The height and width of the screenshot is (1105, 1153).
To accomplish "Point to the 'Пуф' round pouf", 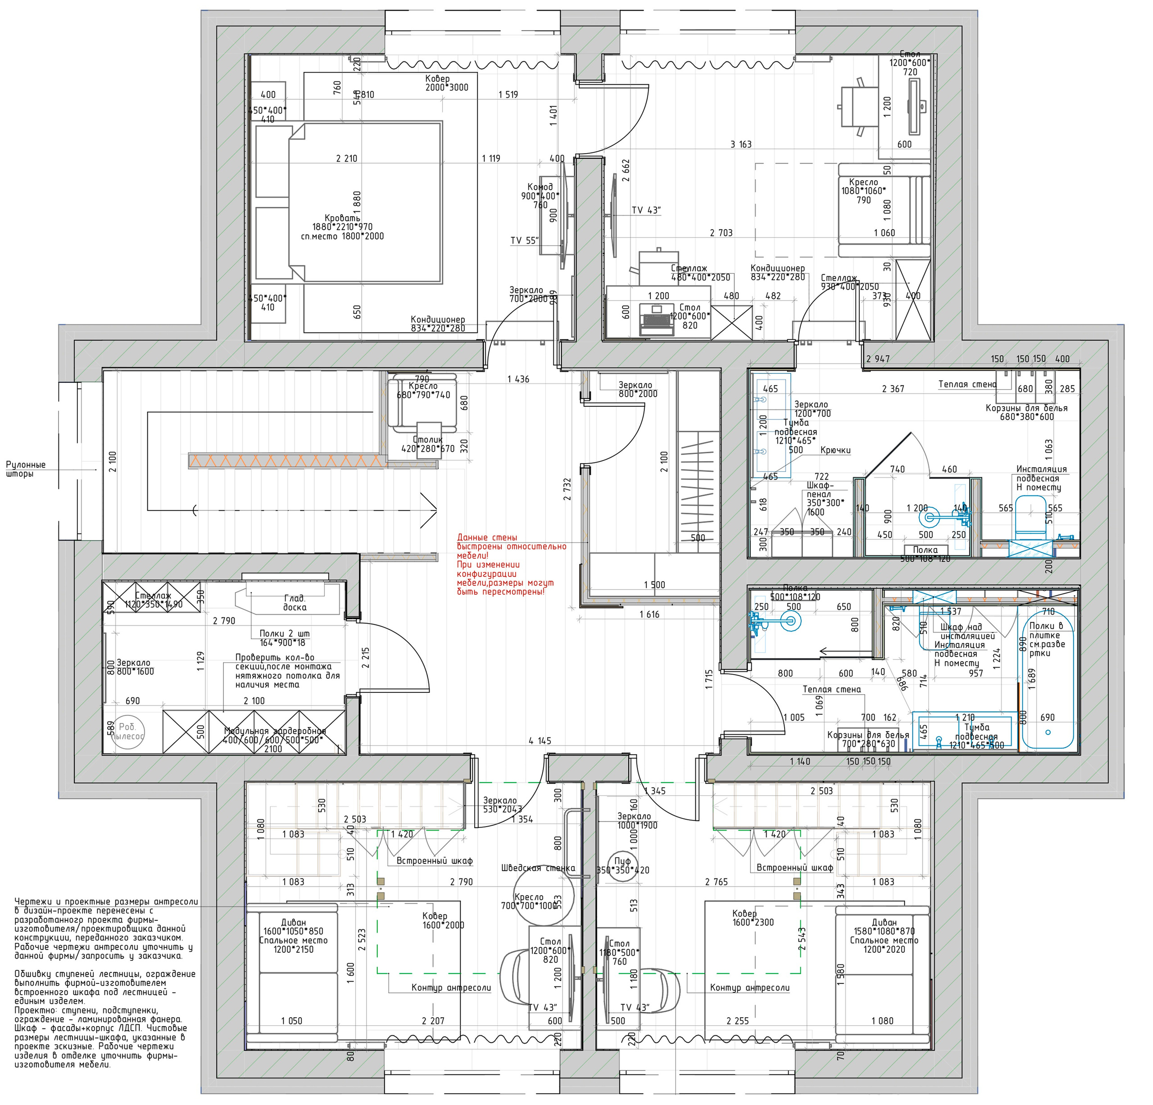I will [622, 865].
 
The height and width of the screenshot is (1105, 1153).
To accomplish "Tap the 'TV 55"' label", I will [525, 240].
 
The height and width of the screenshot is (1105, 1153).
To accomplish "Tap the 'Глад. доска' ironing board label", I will [294, 603].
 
